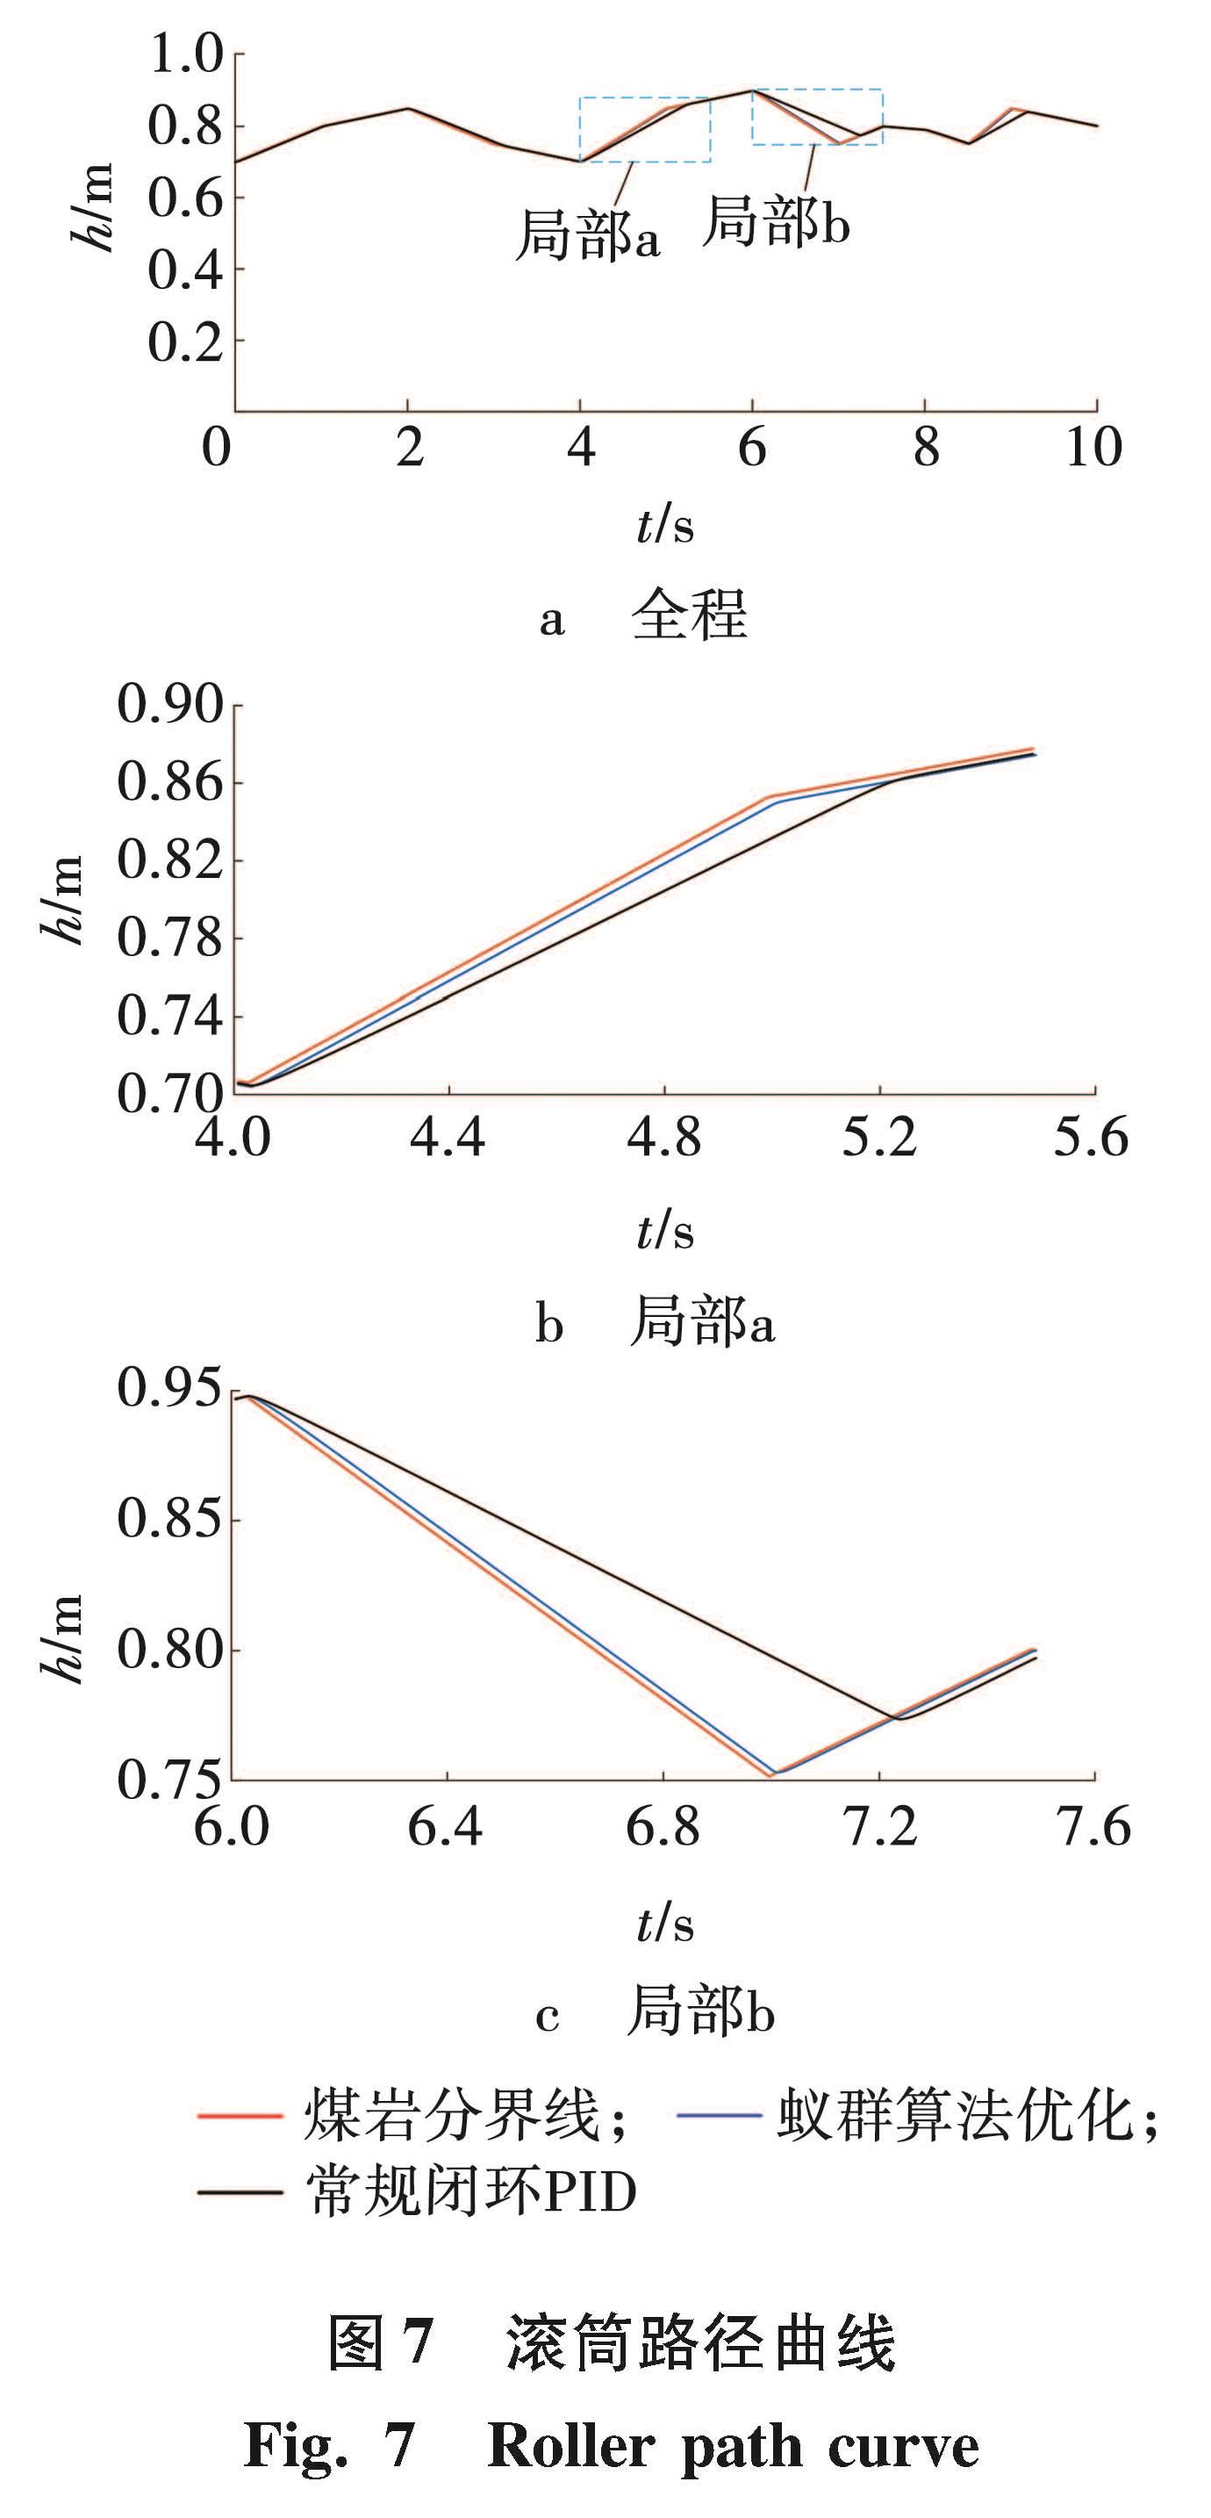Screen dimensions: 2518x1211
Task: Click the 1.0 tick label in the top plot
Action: [185, 54]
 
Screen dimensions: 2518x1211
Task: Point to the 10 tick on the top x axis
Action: [1093, 448]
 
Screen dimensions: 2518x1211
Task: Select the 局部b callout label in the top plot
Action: [776, 220]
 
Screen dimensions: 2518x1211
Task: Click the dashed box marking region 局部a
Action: [645, 129]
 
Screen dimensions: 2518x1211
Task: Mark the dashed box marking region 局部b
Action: [817, 118]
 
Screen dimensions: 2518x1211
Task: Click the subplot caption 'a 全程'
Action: [644, 615]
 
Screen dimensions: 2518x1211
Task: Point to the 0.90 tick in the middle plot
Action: [170, 704]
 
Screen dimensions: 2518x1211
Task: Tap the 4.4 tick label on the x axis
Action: [447, 1138]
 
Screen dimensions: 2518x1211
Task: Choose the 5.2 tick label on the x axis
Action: [879, 1138]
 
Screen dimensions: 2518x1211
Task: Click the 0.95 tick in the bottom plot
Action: [170, 1388]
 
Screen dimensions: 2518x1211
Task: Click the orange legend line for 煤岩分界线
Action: [240, 2116]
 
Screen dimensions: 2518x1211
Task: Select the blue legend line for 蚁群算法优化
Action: [719, 2116]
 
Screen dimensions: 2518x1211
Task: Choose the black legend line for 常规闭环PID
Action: [240, 2192]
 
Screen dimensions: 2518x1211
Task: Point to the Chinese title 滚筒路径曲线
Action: [699, 2345]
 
